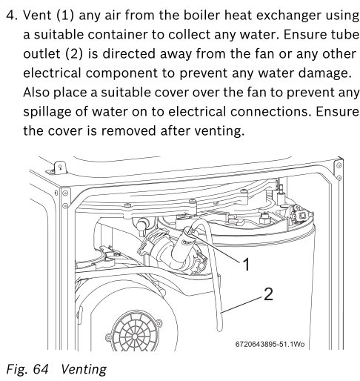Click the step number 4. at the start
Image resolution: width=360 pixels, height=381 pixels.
click(12, 16)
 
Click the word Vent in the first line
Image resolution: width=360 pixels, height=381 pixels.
click(37, 16)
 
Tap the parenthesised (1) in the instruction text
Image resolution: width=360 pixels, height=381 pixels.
click(65, 16)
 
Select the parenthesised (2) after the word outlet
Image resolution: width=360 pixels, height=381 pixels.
click(74, 54)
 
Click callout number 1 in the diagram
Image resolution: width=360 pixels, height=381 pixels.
click(246, 264)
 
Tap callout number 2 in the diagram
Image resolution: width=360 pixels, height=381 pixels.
click(268, 294)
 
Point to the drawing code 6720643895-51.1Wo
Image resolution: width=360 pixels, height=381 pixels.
click(270, 344)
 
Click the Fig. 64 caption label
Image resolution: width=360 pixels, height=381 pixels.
click(27, 369)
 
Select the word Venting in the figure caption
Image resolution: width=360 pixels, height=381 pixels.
click(84, 370)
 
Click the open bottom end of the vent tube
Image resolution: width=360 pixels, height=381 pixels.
click(219, 329)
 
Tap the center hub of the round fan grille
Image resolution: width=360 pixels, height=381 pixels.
click(135, 337)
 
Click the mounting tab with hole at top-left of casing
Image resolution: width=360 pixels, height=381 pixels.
click(60, 168)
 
